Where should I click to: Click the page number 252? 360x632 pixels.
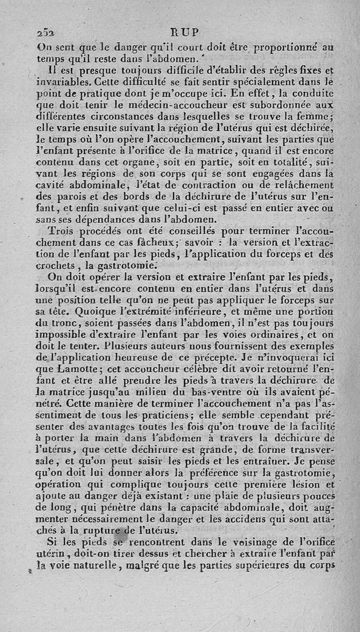point(45,33)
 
